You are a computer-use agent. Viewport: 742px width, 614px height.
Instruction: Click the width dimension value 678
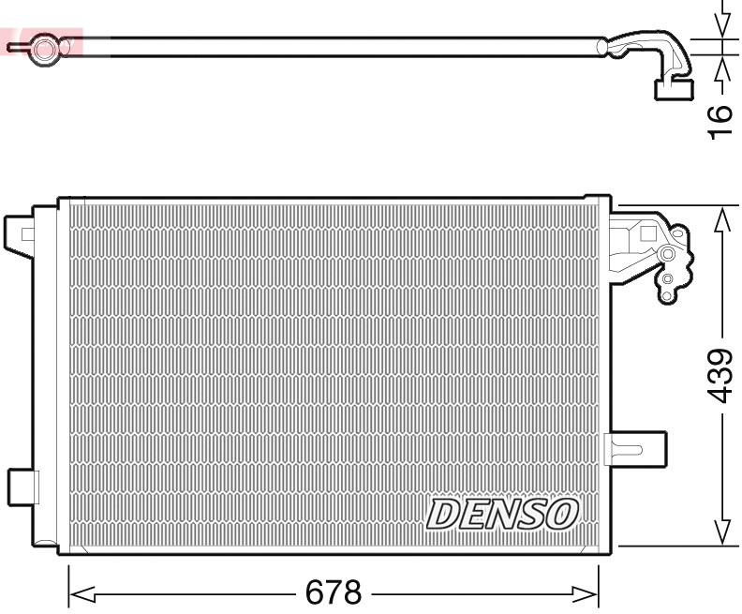coord(334,592)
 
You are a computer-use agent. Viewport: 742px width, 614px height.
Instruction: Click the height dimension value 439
coord(720,375)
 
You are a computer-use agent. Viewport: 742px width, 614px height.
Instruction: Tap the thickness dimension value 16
coord(720,122)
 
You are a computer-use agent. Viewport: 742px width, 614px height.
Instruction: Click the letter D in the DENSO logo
coord(444,514)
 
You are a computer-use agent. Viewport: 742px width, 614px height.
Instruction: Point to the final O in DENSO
coord(562,514)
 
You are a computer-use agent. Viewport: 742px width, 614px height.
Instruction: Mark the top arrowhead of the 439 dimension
coord(721,218)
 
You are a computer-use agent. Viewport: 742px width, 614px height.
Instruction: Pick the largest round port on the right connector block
coord(667,254)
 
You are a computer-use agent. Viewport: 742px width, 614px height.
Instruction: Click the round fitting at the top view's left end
coord(42,47)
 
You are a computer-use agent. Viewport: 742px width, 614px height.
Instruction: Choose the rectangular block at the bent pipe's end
coord(673,89)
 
